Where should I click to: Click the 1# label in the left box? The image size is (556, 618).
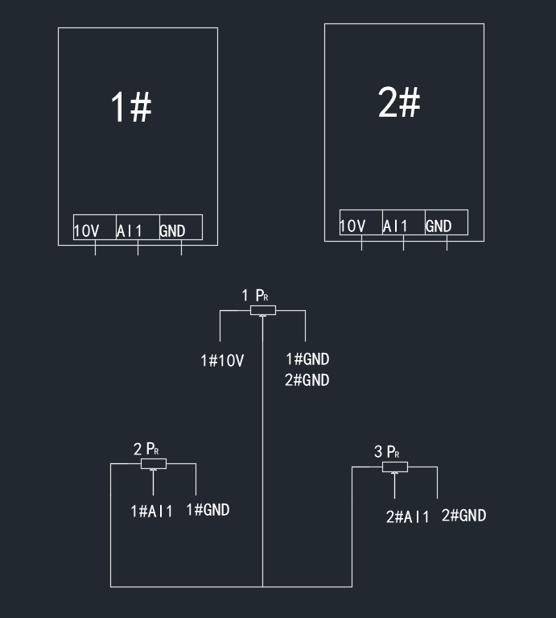point(130,107)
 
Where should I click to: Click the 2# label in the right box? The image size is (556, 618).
point(398,102)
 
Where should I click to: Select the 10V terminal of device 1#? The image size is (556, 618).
point(87,231)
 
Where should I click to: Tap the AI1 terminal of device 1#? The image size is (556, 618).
point(130,231)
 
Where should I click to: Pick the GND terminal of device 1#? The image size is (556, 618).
point(173,231)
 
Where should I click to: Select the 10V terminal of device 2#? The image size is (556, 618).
point(352,226)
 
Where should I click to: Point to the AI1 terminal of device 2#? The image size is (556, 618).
point(395,226)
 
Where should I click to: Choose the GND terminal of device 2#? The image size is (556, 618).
point(439,226)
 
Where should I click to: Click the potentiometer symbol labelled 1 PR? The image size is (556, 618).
point(263,310)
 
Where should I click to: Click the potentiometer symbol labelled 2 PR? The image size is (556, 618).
point(153,463)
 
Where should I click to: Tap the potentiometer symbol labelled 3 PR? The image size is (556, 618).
point(394,467)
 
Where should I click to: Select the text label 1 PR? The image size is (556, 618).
point(255,296)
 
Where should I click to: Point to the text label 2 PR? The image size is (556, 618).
point(146,449)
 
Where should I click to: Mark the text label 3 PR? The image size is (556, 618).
point(387,452)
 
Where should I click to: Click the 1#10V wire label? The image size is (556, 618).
point(222,361)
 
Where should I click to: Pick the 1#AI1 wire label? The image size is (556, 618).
point(151,511)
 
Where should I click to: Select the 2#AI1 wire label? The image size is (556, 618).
point(407,517)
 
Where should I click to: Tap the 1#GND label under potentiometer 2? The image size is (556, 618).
point(208,509)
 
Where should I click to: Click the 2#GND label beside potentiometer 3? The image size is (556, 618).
point(464,516)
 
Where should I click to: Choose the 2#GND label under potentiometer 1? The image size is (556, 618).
point(307,380)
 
